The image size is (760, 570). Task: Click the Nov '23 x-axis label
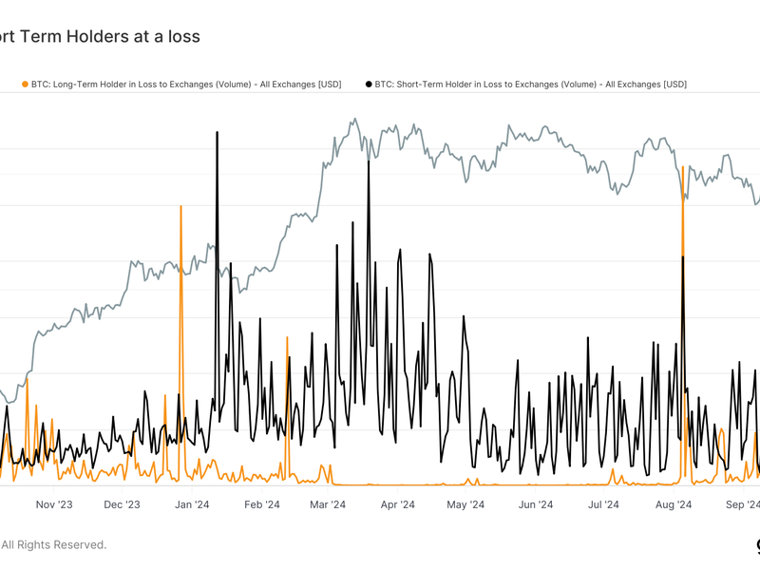(x=53, y=504)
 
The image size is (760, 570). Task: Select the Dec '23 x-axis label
(x=122, y=504)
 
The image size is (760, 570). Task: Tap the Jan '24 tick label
(x=192, y=504)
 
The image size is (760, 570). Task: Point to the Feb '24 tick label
(x=261, y=504)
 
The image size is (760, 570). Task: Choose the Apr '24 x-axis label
(x=398, y=504)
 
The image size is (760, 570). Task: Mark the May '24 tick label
(x=465, y=504)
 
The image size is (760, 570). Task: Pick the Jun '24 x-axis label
(x=536, y=504)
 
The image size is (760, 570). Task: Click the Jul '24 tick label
(x=603, y=504)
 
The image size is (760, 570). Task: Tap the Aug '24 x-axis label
(x=674, y=504)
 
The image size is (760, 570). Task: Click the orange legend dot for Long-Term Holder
(x=25, y=85)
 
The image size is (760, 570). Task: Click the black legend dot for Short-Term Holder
(x=369, y=85)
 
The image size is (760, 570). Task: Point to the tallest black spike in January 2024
(x=218, y=133)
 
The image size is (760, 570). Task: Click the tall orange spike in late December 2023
(x=180, y=206)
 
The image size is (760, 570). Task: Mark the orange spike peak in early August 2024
(x=683, y=168)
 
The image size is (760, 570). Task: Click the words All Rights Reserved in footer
(x=54, y=544)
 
